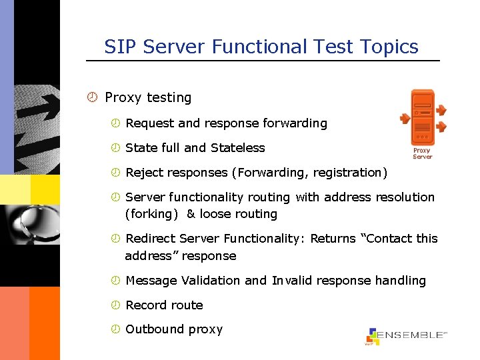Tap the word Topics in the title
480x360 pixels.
coord(388,47)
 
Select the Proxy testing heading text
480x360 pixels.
coord(148,97)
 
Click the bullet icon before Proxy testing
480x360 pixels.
coord(93,97)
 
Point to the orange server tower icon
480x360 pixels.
coord(422,117)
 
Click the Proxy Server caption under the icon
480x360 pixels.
coord(422,153)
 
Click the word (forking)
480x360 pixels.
coord(151,214)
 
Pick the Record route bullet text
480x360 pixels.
coord(164,305)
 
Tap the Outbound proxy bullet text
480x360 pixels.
coord(174,329)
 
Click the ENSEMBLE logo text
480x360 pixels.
coord(412,335)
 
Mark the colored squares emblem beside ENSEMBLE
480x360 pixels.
coord(372,337)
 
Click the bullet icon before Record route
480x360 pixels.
coord(115,305)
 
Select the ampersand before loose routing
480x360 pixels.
coord(191,214)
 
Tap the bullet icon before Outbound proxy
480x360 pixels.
coord(115,329)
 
